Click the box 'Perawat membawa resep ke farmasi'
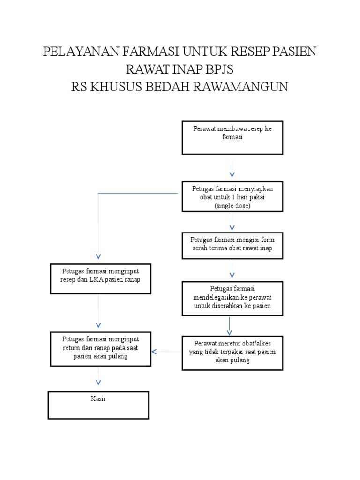pyautogui.click(x=232, y=138)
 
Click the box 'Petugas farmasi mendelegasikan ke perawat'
pyautogui.click(x=232, y=298)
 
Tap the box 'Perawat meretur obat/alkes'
pyautogui.click(x=232, y=352)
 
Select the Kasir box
pyautogui.click(x=98, y=405)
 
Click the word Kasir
pyautogui.click(x=99, y=399)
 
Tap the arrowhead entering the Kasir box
pyautogui.click(x=98, y=382)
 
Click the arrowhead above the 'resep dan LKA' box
pyautogui.click(x=98, y=256)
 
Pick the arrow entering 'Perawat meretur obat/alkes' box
pyautogui.click(x=229, y=326)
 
